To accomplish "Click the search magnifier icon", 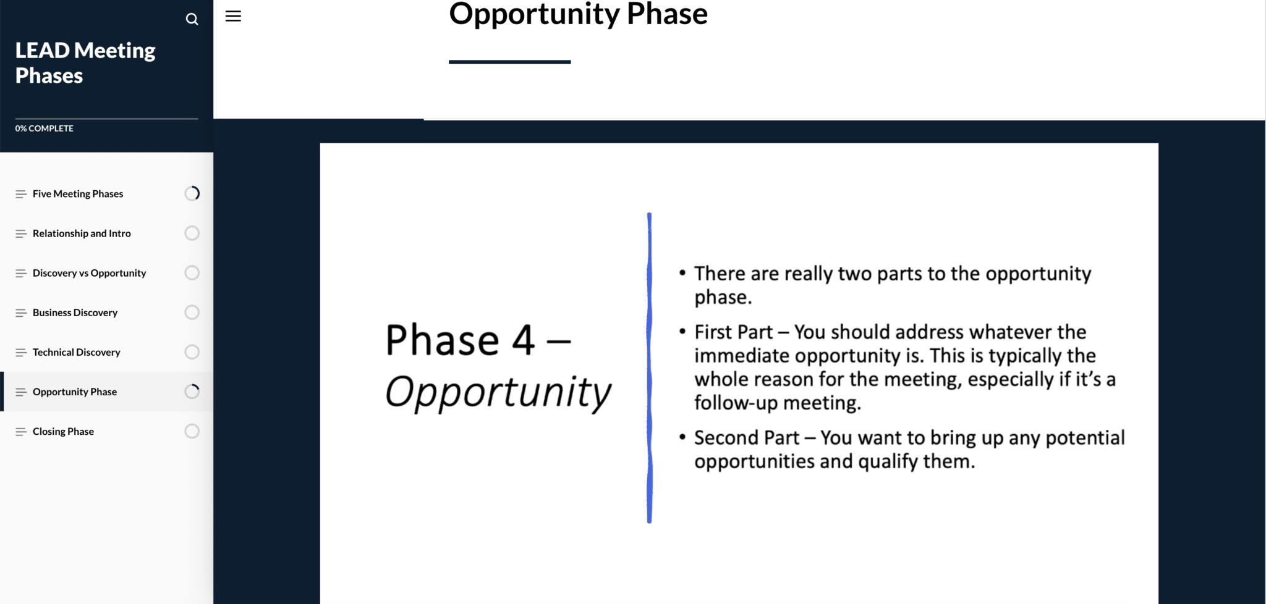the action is [192, 19].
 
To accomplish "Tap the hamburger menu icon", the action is [233, 16].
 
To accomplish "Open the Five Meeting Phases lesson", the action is [78, 194].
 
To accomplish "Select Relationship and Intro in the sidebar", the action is [82, 233].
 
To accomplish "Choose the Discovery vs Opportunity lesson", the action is [90, 273].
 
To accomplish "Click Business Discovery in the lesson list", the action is [75, 312].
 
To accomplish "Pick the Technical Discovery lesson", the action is [77, 352].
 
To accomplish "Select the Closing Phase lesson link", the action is [63, 431].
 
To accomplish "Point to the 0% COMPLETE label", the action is [45, 128].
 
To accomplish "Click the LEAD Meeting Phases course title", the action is [85, 63].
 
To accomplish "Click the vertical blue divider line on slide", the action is [649, 368].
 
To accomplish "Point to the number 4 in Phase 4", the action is [524, 340].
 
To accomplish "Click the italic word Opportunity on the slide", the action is [498, 392].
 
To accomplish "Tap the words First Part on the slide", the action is [734, 332].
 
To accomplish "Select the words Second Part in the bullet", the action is [747, 438].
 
